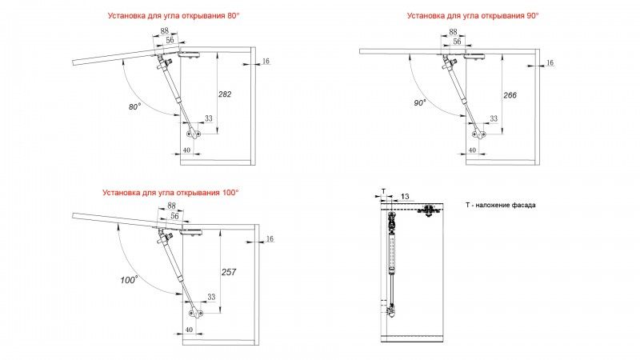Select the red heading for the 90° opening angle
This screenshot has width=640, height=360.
[x=472, y=15]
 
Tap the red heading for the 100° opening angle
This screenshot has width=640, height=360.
[x=170, y=193]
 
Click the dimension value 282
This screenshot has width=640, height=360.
[x=225, y=94]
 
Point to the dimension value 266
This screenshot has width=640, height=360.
[x=510, y=95]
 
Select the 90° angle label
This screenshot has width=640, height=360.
[x=419, y=103]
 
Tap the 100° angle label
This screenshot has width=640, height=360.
[x=130, y=279]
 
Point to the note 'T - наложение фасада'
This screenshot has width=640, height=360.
[x=501, y=206]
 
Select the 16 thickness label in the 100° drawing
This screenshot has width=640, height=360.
[x=269, y=238]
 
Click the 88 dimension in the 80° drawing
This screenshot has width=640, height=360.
[x=165, y=32]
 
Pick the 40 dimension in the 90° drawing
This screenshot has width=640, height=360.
[x=472, y=150]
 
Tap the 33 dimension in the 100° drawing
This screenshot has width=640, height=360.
[x=210, y=297]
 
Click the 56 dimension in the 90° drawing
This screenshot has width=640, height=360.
[x=456, y=41]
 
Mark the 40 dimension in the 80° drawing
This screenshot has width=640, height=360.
[x=186, y=150]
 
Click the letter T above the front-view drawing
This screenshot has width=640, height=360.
[x=383, y=192]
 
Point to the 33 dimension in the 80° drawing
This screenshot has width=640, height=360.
[x=209, y=118]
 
